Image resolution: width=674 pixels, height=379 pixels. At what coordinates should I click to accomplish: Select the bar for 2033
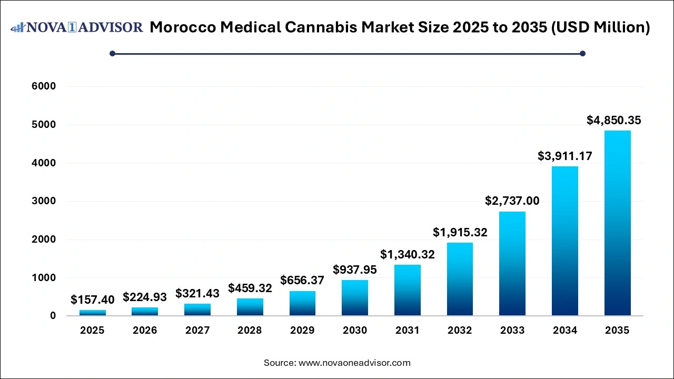tap(512, 264)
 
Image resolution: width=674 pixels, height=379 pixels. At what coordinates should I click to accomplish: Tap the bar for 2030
tap(355, 298)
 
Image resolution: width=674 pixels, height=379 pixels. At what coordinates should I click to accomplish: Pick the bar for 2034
tap(565, 241)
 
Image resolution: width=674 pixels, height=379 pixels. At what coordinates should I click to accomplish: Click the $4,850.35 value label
tap(614, 120)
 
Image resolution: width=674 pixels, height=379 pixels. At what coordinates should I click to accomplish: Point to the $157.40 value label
tap(93, 300)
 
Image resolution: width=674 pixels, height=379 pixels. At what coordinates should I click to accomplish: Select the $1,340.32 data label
tap(408, 254)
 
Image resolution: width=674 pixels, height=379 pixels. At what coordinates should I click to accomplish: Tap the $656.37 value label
tap(302, 281)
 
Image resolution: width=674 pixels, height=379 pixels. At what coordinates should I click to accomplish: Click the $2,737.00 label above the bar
tap(512, 201)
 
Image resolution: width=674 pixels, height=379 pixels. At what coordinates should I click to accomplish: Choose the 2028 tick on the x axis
tap(250, 331)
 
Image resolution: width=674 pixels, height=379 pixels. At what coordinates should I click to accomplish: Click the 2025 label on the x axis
tap(93, 331)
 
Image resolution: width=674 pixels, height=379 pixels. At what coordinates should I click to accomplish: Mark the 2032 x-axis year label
tap(460, 331)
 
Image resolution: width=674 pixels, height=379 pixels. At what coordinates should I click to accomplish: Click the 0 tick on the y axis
tap(53, 316)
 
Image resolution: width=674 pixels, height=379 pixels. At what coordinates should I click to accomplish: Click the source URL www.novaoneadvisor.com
tap(354, 363)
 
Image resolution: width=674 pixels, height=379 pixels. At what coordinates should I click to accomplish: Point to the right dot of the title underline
tap(582, 53)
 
